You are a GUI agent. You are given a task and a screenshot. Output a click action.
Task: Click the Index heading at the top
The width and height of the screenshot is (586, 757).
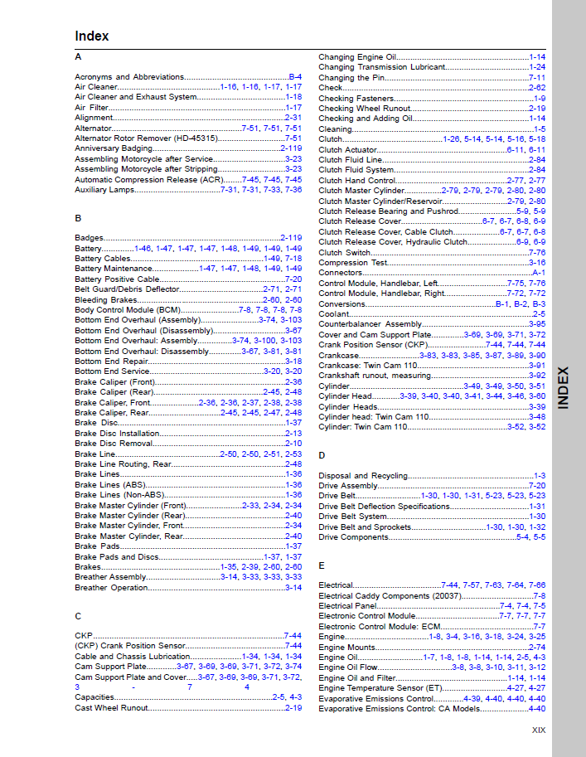coord(92,36)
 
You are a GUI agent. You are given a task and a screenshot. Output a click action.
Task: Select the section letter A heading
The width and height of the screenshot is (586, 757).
coord(78,57)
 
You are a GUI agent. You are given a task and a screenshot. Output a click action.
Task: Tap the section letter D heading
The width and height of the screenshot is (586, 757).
coord(322,456)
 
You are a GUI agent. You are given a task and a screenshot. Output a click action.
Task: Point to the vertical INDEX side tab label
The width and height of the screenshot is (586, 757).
coord(563,387)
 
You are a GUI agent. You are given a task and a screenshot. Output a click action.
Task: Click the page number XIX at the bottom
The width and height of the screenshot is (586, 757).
coord(539,730)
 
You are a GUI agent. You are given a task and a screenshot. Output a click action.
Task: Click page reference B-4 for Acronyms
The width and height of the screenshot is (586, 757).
coord(295,77)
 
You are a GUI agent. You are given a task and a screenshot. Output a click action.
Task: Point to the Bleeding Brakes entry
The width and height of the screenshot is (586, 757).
coord(106,299)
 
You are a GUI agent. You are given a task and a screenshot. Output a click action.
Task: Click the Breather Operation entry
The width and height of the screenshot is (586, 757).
coord(112,588)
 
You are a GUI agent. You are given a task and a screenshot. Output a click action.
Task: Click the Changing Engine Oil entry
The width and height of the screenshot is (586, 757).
coord(357,57)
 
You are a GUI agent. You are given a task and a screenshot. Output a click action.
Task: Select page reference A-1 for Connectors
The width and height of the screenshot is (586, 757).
coord(538,273)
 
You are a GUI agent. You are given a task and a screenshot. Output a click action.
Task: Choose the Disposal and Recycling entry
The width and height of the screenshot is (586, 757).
coord(364,476)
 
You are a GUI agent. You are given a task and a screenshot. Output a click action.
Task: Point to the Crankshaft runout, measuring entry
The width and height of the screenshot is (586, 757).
coord(375,376)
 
